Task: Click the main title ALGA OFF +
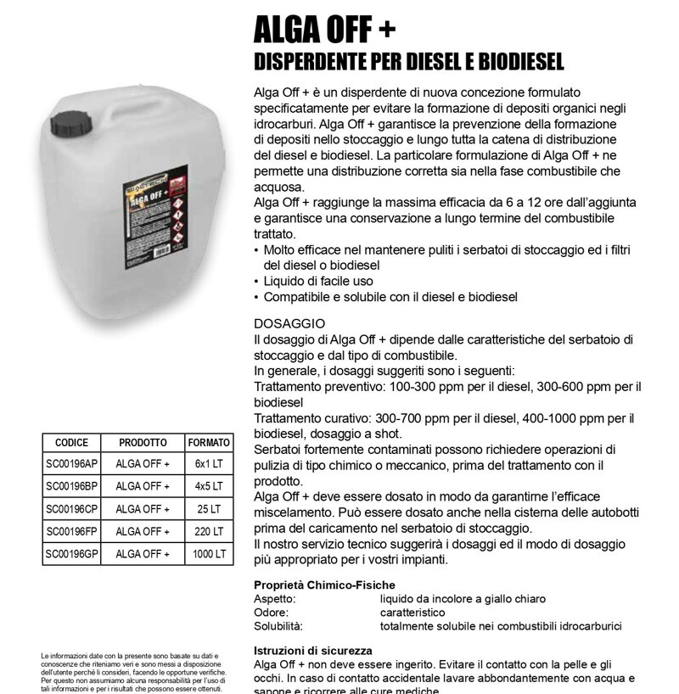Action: click(323, 31)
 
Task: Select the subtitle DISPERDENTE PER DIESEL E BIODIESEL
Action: click(409, 63)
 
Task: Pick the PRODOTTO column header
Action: click(143, 443)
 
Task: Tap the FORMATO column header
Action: click(208, 443)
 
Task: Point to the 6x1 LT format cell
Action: click(208, 464)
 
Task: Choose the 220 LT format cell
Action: click(208, 532)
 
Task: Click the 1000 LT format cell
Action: click(208, 554)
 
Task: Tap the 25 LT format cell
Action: click(208, 509)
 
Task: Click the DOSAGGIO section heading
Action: click(289, 324)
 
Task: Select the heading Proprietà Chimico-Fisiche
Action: click(324, 585)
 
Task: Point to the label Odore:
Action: click(272, 613)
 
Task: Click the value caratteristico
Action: click(412, 613)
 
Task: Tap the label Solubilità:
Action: click(278, 626)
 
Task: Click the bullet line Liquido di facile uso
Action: click(318, 281)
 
